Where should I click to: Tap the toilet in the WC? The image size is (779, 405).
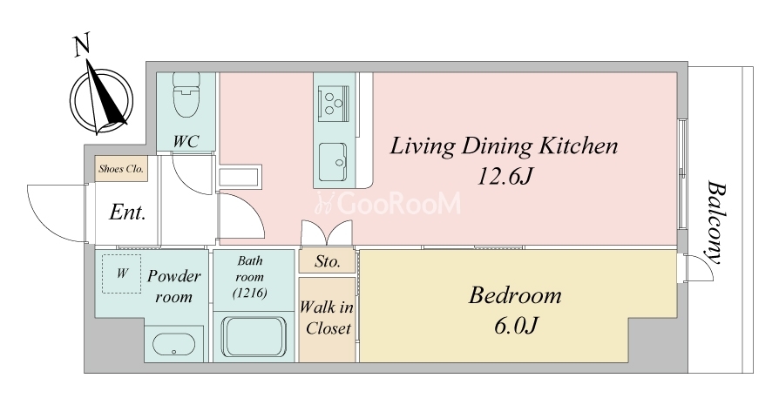coord(186,95)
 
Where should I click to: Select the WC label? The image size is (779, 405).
coord(186,141)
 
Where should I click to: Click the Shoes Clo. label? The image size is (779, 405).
coord(121,168)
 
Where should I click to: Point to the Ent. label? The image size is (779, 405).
coord(127,213)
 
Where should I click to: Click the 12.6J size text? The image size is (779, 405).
coord(505,176)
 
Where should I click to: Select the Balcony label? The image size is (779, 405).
coord(716,222)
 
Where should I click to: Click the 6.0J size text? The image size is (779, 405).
coord(515,326)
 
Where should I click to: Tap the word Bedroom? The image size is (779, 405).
coord(515,296)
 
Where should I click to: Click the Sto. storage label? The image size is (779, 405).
coord(328,261)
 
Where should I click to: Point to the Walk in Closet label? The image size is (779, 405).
coord(327,318)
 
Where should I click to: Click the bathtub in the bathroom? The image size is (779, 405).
coord(254,336)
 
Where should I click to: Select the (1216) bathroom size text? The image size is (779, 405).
coord(250,293)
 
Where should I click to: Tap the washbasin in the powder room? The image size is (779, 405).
coord(173,343)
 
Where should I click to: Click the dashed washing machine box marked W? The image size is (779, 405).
coord(122,273)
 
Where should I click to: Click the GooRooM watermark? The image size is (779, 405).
coord(389,204)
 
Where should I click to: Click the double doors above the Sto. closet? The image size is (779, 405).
coord(327,233)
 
